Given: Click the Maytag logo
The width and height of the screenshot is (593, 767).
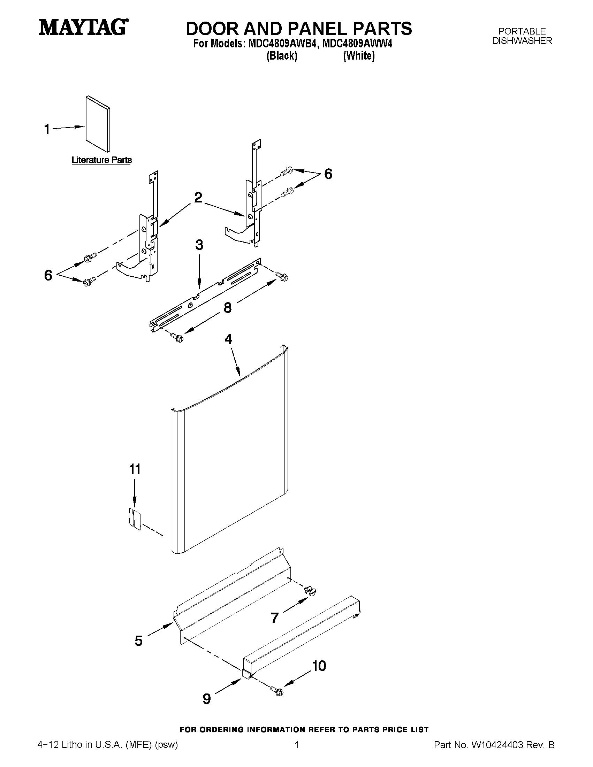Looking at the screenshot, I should pyautogui.click(x=83, y=27).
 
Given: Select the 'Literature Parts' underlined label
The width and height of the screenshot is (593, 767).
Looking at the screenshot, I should pyautogui.click(x=101, y=160).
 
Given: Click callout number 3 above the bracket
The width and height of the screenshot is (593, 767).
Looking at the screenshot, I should pyautogui.click(x=199, y=245).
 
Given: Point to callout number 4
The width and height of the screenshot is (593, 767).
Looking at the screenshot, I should pyautogui.click(x=228, y=339).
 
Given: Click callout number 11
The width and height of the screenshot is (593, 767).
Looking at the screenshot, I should pyautogui.click(x=135, y=469).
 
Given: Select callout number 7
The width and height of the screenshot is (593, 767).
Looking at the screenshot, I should pyautogui.click(x=275, y=617).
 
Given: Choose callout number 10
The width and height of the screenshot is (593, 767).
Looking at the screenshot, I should pyautogui.click(x=319, y=666).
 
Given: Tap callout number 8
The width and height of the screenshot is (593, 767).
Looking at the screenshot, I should pyautogui.click(x=228, y=308).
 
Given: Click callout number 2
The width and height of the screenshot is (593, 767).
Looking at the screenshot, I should pyautogui.click(x=198, y=198).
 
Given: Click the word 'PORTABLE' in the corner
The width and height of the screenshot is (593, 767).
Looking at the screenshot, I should pyautogui.click(x=522, y=31).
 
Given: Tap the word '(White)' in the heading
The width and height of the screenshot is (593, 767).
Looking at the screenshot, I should pyautogui.click(x=359, y=55).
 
